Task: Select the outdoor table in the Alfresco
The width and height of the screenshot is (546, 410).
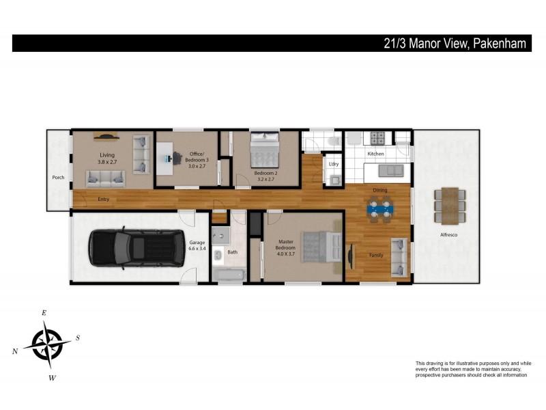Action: [448, 205]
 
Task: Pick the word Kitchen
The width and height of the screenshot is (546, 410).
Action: [376, 154]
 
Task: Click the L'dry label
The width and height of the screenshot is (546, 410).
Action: [334, 164]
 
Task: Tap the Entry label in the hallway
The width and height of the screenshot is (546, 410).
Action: [103, 199]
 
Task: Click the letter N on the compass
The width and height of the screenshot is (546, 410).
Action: [15, 351]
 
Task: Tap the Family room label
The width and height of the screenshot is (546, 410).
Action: [376, 255]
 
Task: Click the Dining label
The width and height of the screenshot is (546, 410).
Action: [380, 190]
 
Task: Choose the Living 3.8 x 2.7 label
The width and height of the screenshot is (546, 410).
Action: [107, 159]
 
